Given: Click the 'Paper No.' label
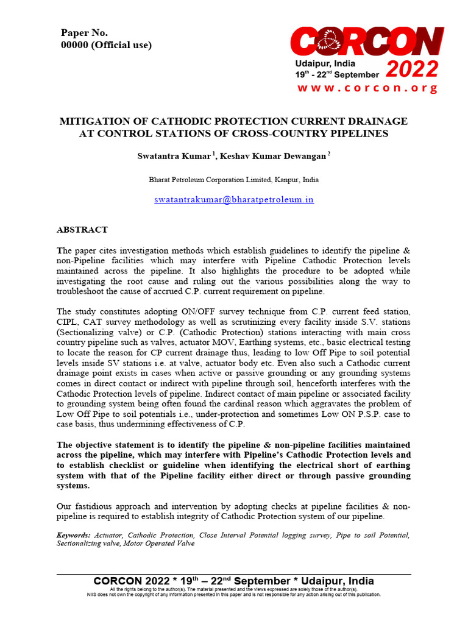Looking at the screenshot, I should click(84, 33).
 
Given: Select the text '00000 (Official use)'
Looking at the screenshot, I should click(106, 45).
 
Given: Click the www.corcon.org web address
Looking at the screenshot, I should click(367, 88).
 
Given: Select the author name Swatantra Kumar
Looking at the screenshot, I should click(175, 156).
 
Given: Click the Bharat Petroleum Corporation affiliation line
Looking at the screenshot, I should click(233, 180).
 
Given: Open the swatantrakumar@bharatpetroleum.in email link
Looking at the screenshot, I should click(233, 199).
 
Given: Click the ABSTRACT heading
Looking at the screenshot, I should click(82, 230).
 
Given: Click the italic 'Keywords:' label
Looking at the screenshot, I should click(74, 535).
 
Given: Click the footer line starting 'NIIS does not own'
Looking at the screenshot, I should click(233, 594).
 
